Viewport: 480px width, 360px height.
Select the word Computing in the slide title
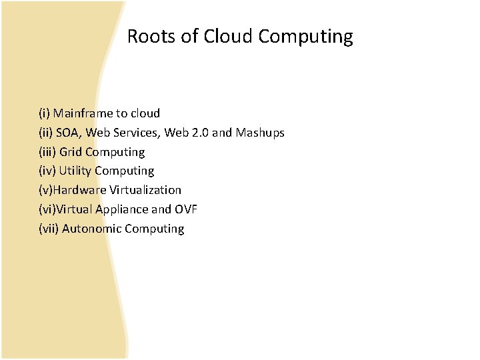305,37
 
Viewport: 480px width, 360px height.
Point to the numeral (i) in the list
44,113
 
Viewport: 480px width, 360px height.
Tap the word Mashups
260,133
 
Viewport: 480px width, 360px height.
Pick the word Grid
71,152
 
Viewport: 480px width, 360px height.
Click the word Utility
75,171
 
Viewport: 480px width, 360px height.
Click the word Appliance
121,209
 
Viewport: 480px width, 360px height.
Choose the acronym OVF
186,209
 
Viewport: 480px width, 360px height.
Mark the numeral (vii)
49,229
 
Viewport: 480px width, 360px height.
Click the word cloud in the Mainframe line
145,113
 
